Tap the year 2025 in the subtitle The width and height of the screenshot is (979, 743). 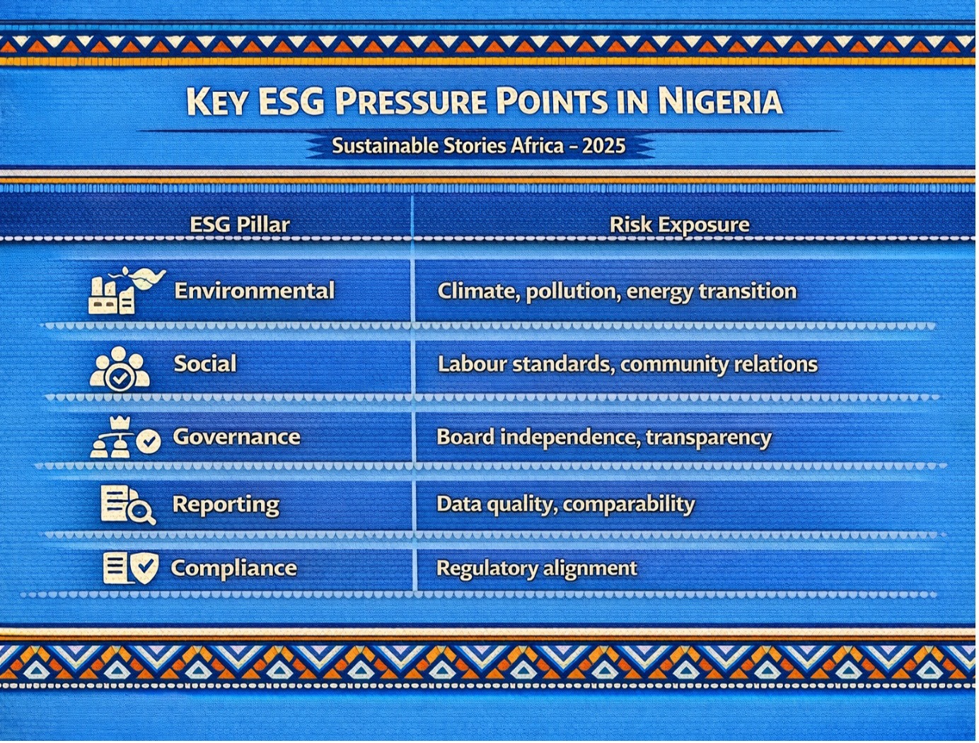(x=604, y=146)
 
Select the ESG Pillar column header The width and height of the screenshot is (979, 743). (x=240, y=225)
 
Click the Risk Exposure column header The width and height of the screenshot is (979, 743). (x=679, y=225)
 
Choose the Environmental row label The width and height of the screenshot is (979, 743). (x=254, y=291)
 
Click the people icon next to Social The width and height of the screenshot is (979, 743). (x=120, y=369)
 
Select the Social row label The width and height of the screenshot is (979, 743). (x=205, y=363)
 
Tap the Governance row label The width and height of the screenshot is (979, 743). (x=236, y=437)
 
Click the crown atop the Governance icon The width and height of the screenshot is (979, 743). (x=119, y=423)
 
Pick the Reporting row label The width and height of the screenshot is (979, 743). (x=226, y=505)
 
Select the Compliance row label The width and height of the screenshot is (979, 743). (x=233, y=568)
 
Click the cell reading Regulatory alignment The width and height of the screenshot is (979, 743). (x=537, y=568)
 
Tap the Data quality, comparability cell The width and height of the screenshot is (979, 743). (x=566, y=505)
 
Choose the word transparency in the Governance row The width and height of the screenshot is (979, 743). (x=709, y=438)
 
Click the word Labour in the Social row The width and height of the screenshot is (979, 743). (x=472, y=363)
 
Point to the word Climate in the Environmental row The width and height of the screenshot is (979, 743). (x=479, y=291)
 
